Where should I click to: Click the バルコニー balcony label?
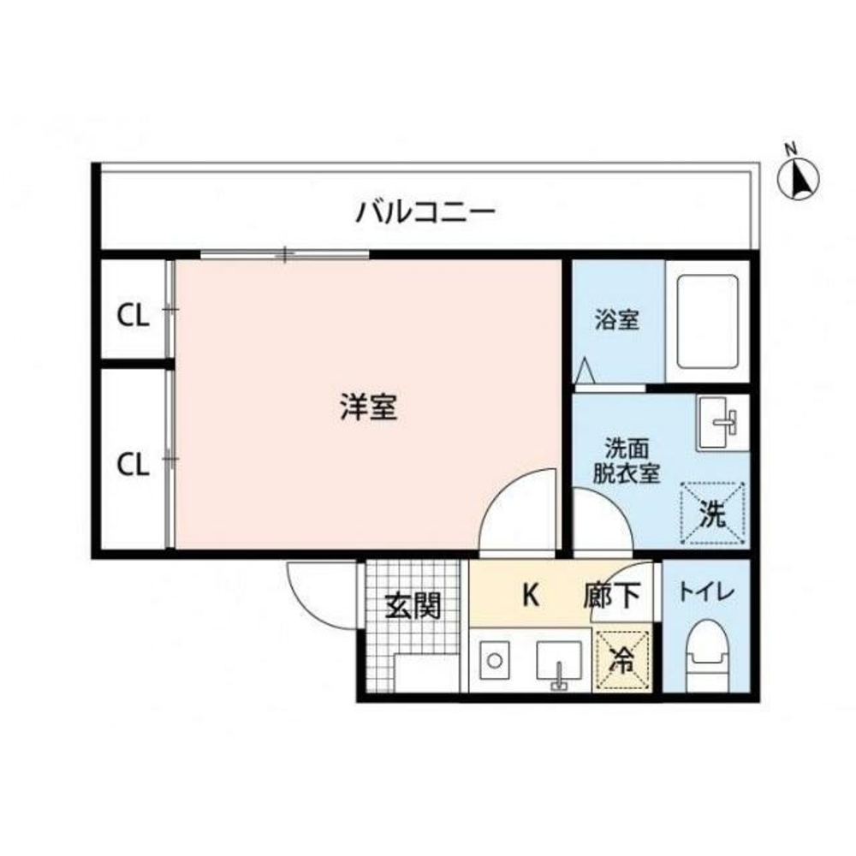click(x=425, y=210)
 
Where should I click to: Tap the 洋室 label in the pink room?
click(x=368, y=407)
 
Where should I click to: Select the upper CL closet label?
click(x=134, y=317)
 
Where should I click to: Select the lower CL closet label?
click(x=134, y=465)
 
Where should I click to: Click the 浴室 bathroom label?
click(x=616, y=321)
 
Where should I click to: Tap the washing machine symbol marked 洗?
click(x=714, y=514)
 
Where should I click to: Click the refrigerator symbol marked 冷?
click(x=623, y=659)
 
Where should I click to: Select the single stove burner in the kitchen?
click(x=493, y=661)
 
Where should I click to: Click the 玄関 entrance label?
click(x=413, y=606)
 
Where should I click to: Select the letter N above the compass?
click(x=792, y=148)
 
